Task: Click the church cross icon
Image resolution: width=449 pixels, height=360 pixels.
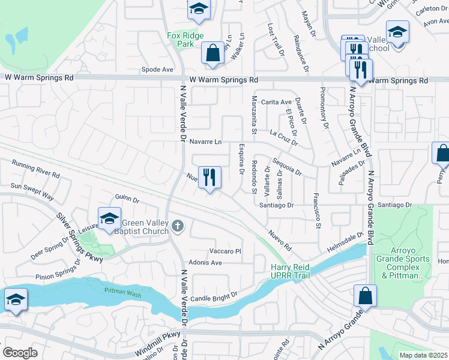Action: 176,226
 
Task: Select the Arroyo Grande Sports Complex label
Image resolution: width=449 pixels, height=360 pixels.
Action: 407,264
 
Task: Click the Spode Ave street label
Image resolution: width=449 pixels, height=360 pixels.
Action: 157,70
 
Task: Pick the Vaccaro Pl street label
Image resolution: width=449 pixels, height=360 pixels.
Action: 225,251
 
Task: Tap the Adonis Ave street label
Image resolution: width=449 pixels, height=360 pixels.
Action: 205,262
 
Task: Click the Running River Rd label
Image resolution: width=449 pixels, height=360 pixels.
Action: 35,170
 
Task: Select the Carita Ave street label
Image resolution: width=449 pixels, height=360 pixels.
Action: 276,102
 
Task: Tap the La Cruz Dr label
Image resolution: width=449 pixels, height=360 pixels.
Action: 284,137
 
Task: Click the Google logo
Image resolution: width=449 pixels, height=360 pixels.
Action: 20,352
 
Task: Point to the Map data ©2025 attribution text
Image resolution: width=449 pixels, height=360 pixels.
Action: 423,355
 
